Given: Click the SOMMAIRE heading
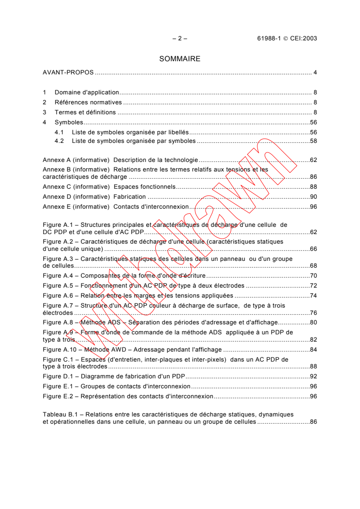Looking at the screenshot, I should coord(180,59).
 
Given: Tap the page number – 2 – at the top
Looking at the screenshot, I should coord(180,39).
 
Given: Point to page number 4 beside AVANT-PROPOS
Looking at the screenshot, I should coord(315,73).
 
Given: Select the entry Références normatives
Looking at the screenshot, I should coord(88,102).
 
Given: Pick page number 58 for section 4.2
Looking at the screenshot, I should coord(313,141).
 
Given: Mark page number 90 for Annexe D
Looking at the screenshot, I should coord(313,196).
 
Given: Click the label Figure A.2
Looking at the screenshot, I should coord(58,242).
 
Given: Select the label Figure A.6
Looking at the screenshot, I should coord(58,295).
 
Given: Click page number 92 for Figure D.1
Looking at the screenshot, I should coord(313,377).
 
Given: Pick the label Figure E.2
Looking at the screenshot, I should coord(58,396).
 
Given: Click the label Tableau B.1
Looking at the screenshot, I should coord(61,415).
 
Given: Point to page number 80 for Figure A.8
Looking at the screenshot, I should coord(313,323).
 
